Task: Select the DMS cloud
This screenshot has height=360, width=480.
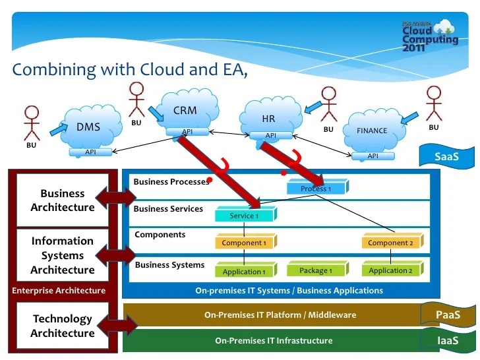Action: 90,126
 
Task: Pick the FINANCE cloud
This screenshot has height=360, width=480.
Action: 373,130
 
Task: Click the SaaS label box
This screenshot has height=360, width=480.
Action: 446,158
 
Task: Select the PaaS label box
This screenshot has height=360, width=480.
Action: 448,315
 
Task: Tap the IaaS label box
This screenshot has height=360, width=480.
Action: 448,340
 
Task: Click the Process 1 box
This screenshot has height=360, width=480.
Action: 316,189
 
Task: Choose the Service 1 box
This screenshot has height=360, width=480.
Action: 245,216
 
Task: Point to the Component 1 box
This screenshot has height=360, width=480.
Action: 245,243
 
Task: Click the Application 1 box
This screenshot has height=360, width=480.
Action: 245,271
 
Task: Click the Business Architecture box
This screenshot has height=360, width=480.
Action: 63,200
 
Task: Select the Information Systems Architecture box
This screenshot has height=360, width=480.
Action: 63,255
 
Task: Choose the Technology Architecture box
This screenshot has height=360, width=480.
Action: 63,326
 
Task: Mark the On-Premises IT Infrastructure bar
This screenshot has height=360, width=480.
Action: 274,341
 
